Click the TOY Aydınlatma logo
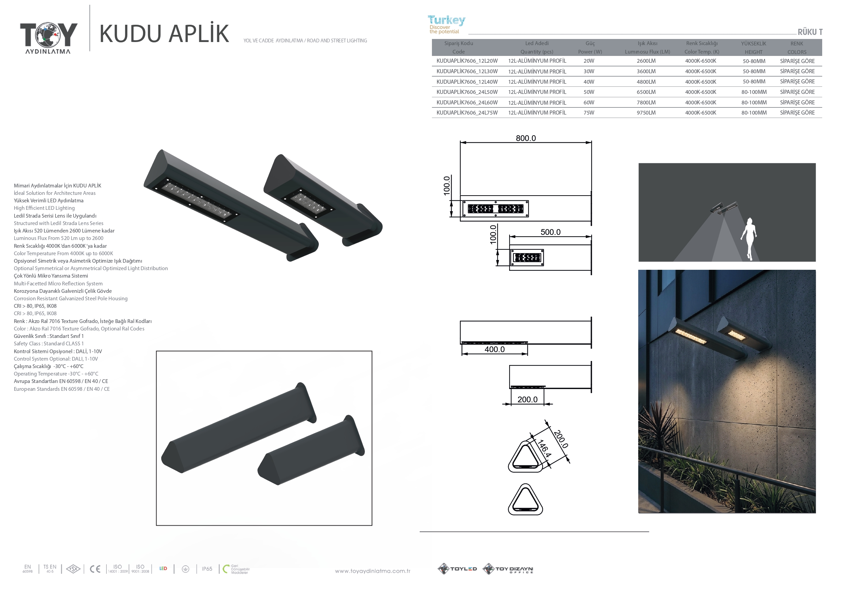pos(48,38)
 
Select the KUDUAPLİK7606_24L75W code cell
pos(467,113)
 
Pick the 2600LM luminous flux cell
pos(646,61)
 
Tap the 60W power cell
pos(589,102)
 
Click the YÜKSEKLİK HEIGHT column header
pos(753,48)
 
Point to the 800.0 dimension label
pos(525,138)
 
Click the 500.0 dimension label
pos(550,232)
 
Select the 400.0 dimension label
pos(494,349)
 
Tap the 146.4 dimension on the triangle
pos(544,448)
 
